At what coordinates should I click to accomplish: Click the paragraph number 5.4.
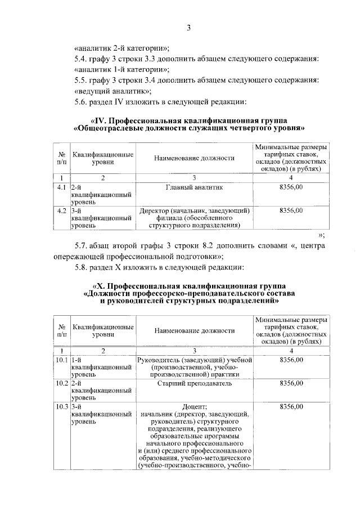82,59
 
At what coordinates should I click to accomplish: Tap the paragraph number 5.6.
82,102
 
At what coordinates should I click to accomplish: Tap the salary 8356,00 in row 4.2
291,211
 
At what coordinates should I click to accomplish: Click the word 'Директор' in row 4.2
155,211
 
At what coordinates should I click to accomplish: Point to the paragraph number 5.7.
82,246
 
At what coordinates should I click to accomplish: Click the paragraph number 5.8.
82,267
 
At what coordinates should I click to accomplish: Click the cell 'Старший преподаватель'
194,383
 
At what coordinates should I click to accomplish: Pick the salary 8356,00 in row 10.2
291,383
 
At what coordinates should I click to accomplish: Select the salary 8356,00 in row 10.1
291,360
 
